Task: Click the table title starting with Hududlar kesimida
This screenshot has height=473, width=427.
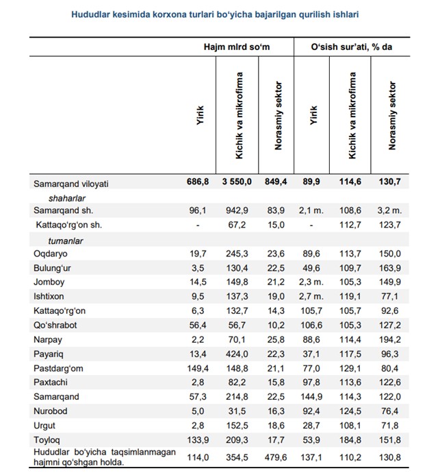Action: [215, 14]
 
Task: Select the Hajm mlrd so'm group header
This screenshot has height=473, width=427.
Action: [237, 47]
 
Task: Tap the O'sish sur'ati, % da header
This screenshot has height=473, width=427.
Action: [352, 47]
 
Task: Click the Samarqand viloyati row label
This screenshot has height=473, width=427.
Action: [71, 184]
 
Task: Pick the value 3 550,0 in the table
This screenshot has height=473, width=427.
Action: [237, 182]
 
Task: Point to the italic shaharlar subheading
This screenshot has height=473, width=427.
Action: [67, 198]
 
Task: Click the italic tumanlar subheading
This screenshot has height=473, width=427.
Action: [65, 241]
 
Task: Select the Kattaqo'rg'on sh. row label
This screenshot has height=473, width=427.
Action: [69, 225]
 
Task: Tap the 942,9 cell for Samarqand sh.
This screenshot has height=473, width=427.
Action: [237, 210]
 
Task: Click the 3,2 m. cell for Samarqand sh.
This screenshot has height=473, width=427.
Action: [389, 210]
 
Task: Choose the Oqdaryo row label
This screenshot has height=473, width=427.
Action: [51, 254]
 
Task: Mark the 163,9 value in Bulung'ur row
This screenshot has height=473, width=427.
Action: [390, 268]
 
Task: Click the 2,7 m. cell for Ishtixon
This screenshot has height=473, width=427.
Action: [311, 296]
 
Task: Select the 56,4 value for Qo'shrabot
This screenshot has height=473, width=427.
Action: [198, 325]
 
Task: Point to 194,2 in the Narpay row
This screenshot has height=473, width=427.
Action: [390, 339]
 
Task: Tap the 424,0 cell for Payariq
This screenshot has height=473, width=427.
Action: [237, 354]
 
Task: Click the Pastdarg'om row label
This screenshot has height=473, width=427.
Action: [58, 369]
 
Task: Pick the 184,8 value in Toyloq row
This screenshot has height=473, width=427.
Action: [350, 440]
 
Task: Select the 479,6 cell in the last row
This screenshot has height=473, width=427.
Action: [276, 458]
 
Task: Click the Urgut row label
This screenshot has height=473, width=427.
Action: [44, 426]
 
